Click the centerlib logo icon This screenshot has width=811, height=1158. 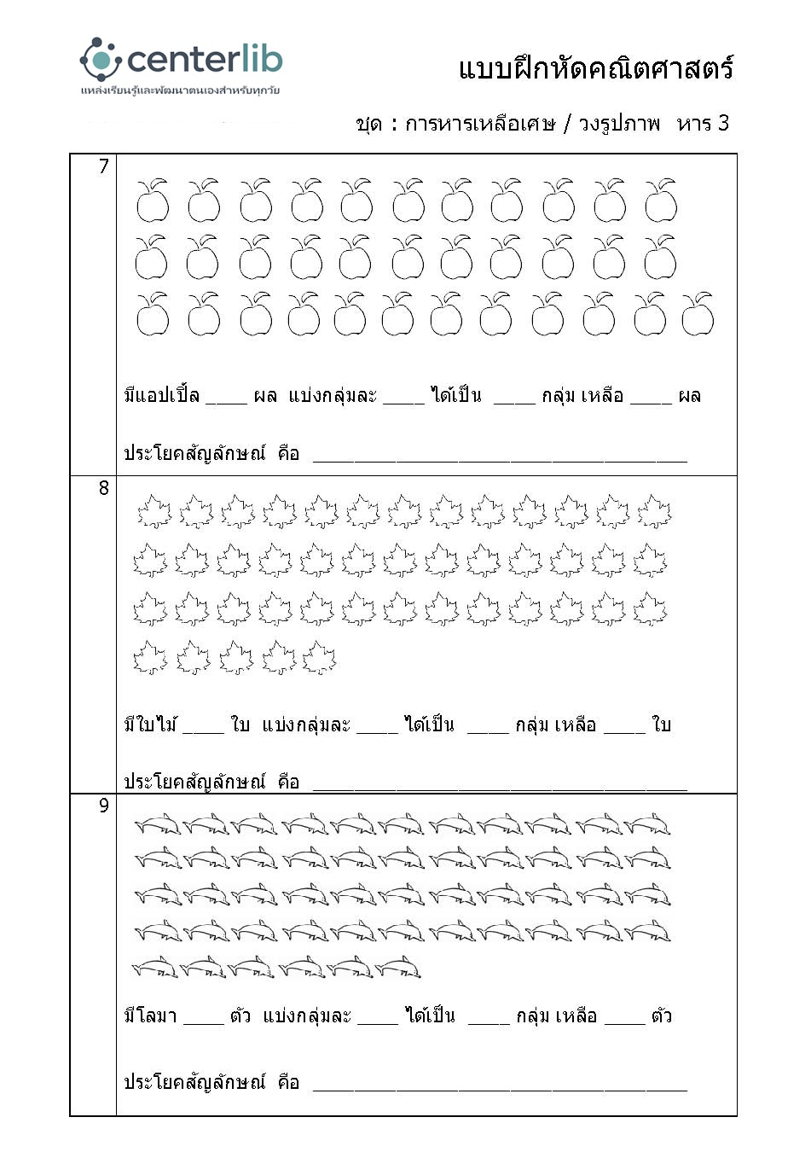click(101, 60)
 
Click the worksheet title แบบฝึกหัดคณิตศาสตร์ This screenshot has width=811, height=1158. click(596, 68)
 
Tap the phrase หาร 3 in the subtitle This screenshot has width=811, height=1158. click(703, 124)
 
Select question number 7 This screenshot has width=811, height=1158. click(104, 166)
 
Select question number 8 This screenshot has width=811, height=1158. click(104, 488)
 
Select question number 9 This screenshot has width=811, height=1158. click(104, 806)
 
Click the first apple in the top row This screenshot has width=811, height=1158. click(153, 201)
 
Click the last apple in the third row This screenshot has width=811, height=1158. click(698, 315)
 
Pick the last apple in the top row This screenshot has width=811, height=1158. click(661, 201)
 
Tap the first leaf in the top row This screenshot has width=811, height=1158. click(154, 512)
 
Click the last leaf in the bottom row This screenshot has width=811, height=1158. click(320, 658)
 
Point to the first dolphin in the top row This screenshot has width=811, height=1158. click(158, 824)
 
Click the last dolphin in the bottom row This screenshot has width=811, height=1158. click(398, 968)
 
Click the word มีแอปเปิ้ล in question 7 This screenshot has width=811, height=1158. click(162, 396)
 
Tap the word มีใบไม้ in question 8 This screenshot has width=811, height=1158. click(150, 725)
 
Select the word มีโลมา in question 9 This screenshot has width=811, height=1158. click(150, 1016)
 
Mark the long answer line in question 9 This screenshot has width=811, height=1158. click(500, 1086)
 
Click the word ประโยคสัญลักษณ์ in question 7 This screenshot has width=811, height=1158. click(195, 453)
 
